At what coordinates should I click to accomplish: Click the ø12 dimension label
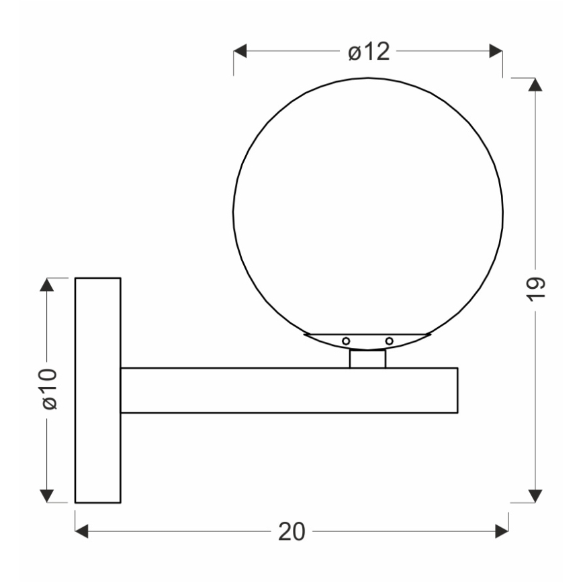(x=369, y=52)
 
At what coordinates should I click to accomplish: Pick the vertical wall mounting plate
(x=97, y=390)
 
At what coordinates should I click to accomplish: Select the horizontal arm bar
(x=289, y=390)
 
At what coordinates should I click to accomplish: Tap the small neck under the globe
(x=367, y=359)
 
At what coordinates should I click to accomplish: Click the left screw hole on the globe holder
(x=346, y=341)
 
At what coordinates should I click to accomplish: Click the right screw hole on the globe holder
(x=389, y=341)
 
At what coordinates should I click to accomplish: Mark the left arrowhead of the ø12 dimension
(x=241, y=52)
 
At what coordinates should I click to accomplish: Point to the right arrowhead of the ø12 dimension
(x=496, y=52)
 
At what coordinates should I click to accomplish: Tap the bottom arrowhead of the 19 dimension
(x=535, y=495)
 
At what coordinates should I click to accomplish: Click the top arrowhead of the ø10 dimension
(x=46, y=285)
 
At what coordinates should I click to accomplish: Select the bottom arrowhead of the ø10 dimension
(x=46, y=496)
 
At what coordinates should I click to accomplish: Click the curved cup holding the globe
(x=367, y=341)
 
